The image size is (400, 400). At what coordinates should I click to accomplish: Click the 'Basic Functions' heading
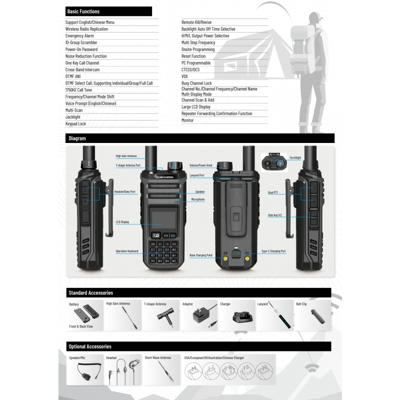click(x=83, y=11)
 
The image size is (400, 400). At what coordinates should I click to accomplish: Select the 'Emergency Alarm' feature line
click(x=79, y=36)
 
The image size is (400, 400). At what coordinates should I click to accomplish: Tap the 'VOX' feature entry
click(x=184, y=76)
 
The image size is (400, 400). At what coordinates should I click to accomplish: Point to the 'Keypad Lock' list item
click(x=75, y=123)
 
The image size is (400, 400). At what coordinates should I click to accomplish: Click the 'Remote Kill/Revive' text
click(x=196, y=22)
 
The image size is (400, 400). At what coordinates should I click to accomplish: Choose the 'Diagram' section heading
click(x=77, y=138)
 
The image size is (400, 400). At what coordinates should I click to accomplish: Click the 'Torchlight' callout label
click(x=295, y=157)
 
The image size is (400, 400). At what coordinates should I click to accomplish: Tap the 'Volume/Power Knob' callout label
click(x=201, y=165)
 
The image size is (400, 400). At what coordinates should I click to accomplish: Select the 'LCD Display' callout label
click(x=122, y=221)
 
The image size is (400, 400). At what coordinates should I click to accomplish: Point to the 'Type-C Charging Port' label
click(x=273, y=251)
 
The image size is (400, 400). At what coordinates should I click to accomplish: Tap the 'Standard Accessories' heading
click(x=90, y=293)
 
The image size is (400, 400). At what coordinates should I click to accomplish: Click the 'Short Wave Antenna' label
click(x=157, y=358)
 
